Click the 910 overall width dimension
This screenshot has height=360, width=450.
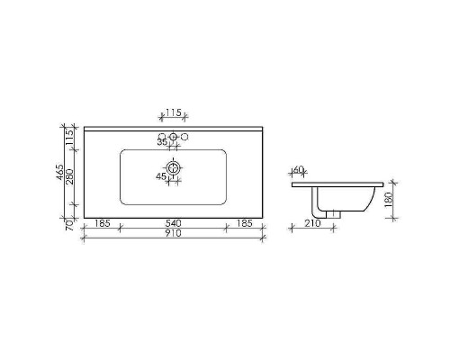click(174, 233)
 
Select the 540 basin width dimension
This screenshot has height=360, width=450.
click(174, 223)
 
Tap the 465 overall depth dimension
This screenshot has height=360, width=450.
click(59, 173)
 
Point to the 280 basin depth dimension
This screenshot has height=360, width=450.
click(69, 177)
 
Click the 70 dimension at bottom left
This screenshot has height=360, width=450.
click(69, 225)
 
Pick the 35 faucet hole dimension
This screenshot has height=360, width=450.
click(162, 142)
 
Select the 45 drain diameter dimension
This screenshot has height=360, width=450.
click(161, 176)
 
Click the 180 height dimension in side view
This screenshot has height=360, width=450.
click(388, 200)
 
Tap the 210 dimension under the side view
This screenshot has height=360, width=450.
click(312, 223)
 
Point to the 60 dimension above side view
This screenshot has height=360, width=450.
click(298, 170)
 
